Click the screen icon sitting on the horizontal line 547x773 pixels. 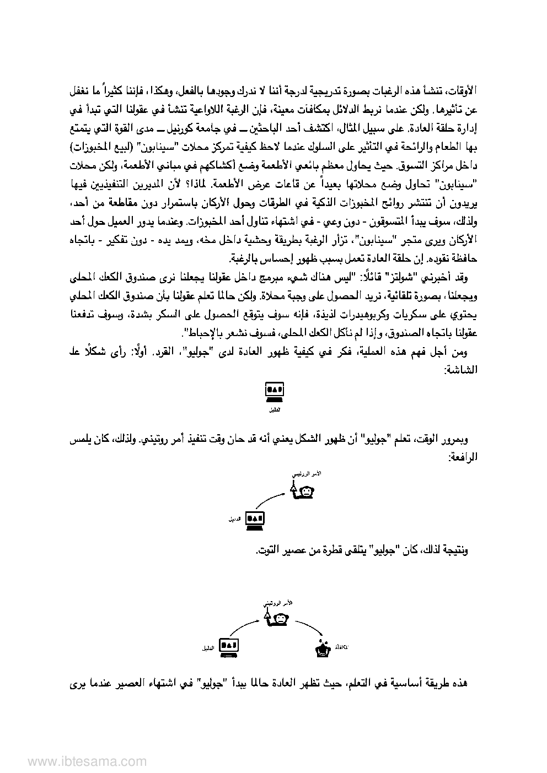tap(273, 392)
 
